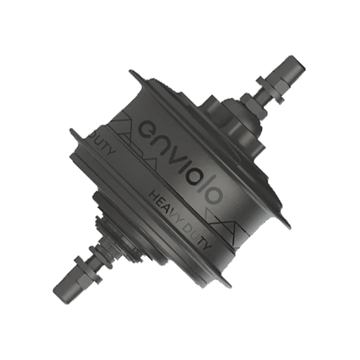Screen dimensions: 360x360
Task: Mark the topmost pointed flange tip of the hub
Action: (131, 72)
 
